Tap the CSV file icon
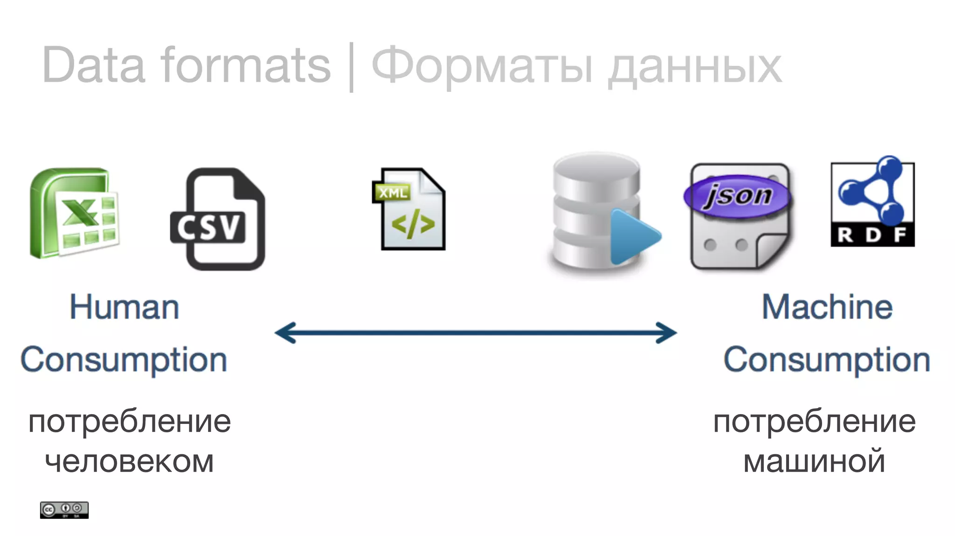218,219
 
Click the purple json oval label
737,196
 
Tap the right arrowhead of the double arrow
667,332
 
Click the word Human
124,307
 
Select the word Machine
827,307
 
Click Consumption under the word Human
124,360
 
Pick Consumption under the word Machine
827,360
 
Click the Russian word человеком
129,461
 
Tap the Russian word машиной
814,461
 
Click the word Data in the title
93,65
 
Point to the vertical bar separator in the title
351,67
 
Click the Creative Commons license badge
64,510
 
